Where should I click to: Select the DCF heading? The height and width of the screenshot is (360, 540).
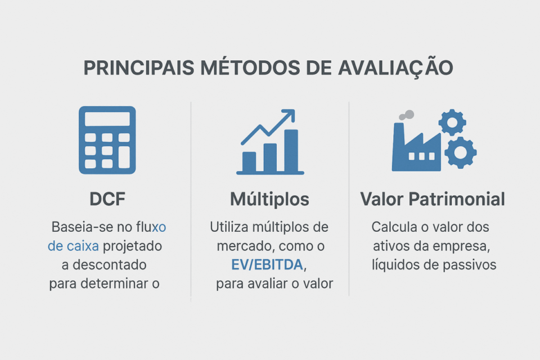(107, 199)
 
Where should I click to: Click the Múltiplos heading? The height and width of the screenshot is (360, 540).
(269, 199)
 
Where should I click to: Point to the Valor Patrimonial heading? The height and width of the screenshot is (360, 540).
(433, 199)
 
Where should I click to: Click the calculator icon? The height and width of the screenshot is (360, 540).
(107, 138)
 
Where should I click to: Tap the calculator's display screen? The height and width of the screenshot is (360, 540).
(107, 119)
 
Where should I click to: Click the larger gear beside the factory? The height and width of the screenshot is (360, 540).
(461, 152)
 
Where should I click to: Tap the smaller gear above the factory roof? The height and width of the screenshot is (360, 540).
(452, 122)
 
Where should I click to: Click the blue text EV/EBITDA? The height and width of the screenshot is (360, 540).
(267, 265)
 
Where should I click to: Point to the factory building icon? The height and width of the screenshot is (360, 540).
(415, 149)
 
